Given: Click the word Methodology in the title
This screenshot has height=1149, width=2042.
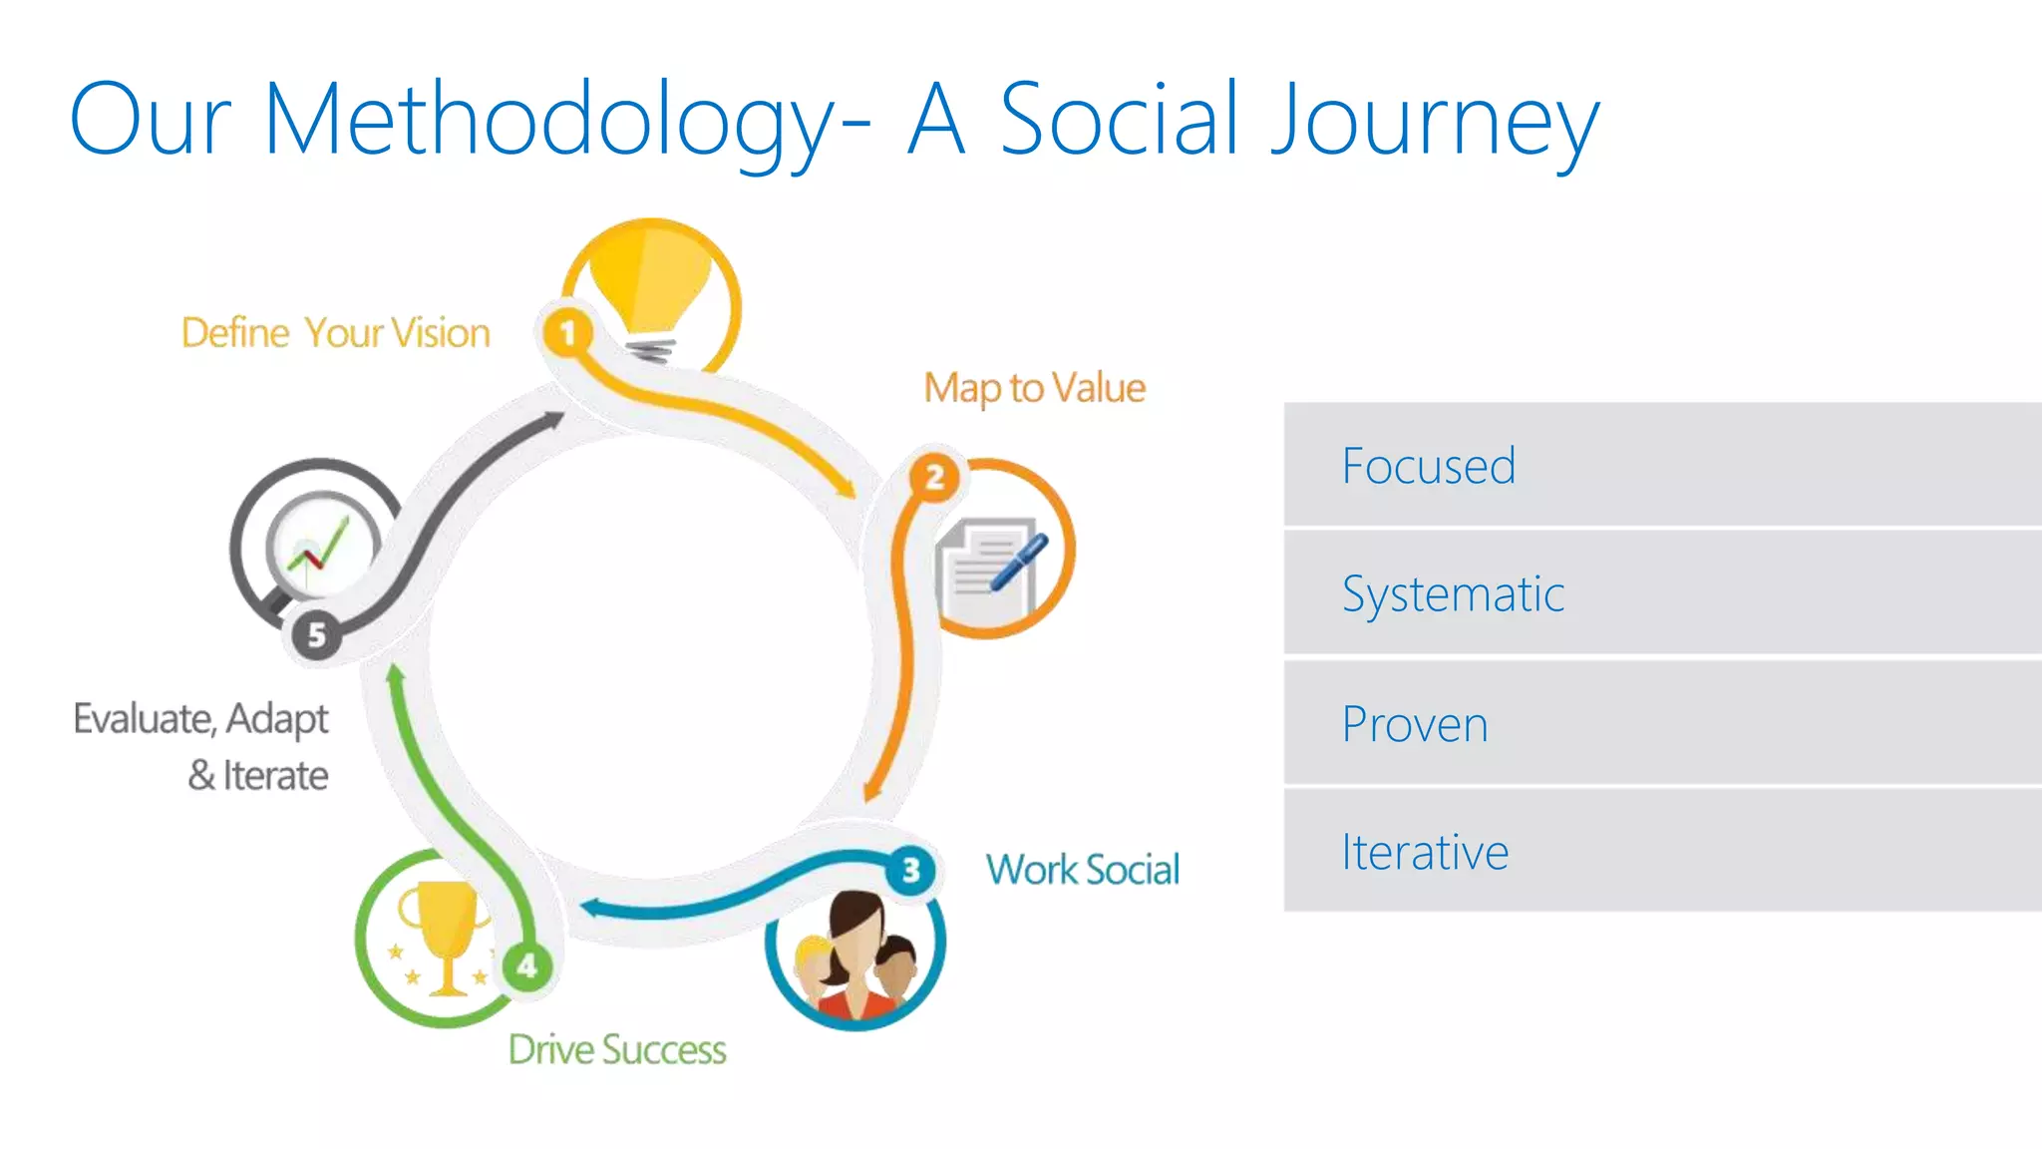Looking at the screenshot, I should [548, 122].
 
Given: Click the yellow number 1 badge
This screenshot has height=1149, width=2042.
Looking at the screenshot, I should [567, 332].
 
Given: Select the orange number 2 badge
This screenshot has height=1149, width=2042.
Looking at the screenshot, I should [934, 478].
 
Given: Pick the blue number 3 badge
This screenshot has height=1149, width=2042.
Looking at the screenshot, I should [910, 870].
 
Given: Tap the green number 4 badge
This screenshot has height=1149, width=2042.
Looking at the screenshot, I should [526, 964].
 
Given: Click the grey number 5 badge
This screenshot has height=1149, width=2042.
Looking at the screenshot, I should [316, 634].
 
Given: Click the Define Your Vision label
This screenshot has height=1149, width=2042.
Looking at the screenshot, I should [335, 333].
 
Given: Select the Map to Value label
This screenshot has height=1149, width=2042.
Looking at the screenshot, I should [1034, 388].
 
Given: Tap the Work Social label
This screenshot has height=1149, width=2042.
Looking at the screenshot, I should [1083, 870].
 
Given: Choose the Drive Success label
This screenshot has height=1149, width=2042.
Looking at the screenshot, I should [617, 1049].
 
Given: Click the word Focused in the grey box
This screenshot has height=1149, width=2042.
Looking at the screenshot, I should [1428, 466].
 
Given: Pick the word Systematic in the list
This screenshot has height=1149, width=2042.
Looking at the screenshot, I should [1452, 594].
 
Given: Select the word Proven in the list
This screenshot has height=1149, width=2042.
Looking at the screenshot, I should [1414, 724].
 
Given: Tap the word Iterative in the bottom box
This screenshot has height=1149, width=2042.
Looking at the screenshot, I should [1424, 852].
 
